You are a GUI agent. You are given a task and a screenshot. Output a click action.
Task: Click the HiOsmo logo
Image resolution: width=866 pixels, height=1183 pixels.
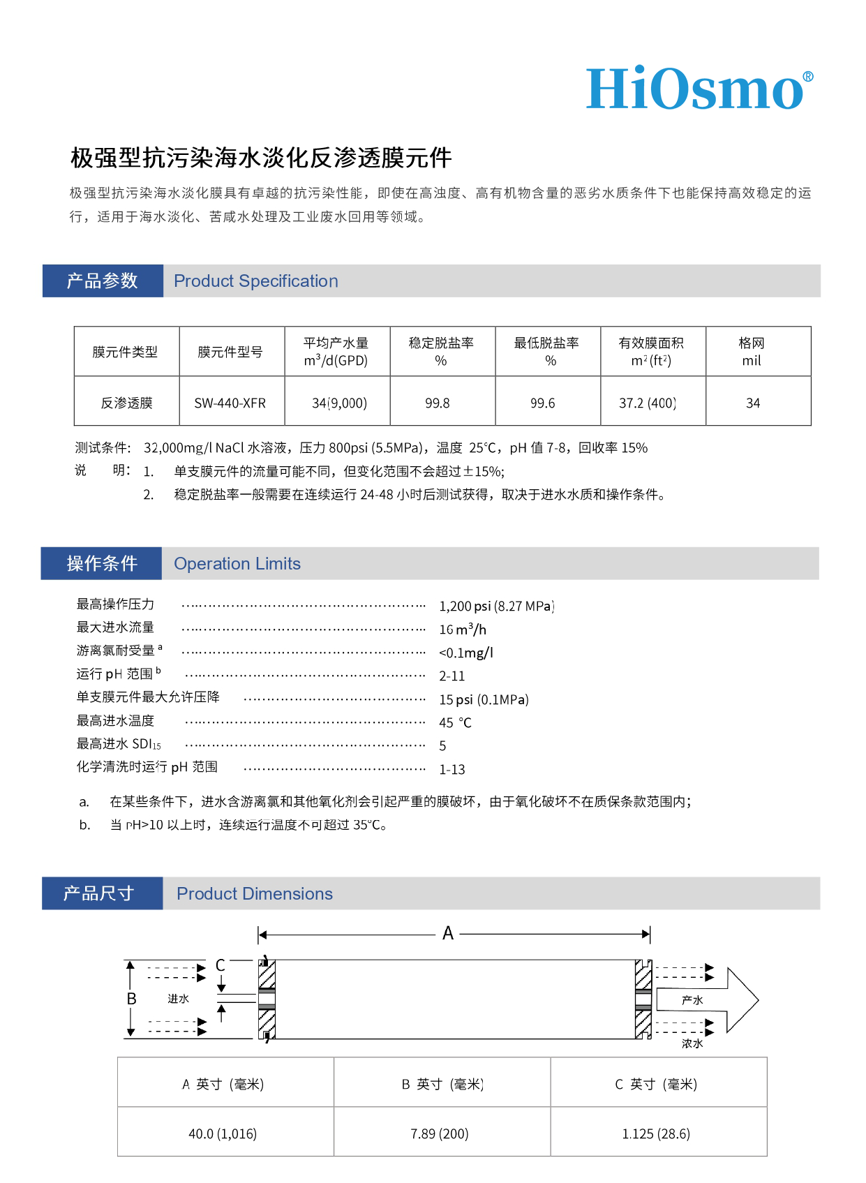[699, 89]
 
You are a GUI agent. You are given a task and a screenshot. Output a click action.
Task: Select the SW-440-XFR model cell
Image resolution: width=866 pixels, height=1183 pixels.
[230, 403]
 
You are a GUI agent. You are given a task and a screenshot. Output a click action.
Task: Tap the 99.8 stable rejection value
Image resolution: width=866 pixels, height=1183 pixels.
[438, 403]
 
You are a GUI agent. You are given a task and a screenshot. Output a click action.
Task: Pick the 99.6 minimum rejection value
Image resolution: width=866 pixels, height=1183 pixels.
[543, 403]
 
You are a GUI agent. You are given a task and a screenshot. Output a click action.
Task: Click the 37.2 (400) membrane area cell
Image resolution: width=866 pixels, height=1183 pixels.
[648, 403]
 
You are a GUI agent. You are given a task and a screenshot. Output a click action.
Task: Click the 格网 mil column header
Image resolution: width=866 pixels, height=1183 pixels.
[752, 352]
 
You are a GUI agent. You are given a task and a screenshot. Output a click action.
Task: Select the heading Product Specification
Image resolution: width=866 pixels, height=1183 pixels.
[255, 281]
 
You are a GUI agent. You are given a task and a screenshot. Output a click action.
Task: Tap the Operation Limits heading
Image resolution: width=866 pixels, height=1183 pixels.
[237, 564]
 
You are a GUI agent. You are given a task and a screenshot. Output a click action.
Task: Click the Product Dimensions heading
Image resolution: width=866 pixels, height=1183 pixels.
[255, 894]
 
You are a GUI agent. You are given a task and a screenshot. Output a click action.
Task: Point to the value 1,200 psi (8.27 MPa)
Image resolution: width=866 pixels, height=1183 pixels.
[496, 606]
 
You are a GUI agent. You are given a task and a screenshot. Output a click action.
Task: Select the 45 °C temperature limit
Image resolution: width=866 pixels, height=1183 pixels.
[455, 722]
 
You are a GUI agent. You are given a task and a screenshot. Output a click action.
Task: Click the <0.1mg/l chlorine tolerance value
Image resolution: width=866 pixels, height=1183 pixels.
[466, 653]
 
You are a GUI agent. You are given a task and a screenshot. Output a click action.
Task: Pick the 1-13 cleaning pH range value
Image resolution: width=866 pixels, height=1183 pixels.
[452, 769]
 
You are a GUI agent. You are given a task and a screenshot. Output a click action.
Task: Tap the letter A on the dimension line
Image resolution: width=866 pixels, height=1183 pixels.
[448, 933]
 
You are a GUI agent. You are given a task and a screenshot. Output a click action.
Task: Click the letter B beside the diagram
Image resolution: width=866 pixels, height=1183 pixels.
[131, 999]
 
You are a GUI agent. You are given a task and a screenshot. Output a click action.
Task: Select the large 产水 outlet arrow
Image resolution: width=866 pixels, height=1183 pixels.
[705, 1000]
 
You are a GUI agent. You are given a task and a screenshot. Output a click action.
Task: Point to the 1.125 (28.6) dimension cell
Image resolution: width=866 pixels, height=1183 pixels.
[656, 1133]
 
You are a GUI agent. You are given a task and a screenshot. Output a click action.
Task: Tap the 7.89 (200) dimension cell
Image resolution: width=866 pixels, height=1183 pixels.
[440, 1133]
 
